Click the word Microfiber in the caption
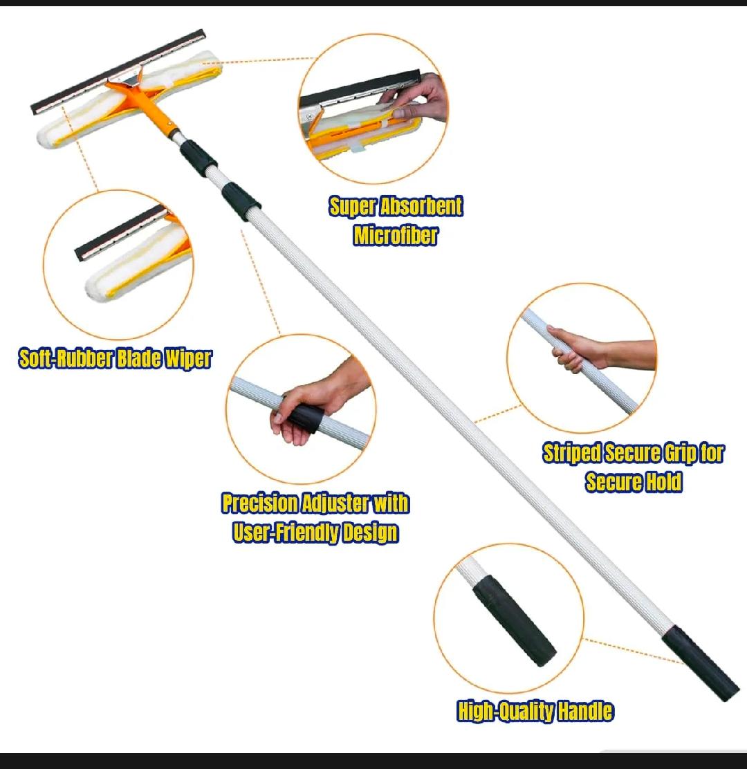tap(396, 235)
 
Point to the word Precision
tap(260, 503)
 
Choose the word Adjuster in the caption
tap(335, 504)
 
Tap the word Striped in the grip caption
tap(572, 453)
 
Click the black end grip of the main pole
tap(701, 663)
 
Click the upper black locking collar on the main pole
tap(198, 157)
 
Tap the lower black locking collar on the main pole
tap(241, 201)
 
